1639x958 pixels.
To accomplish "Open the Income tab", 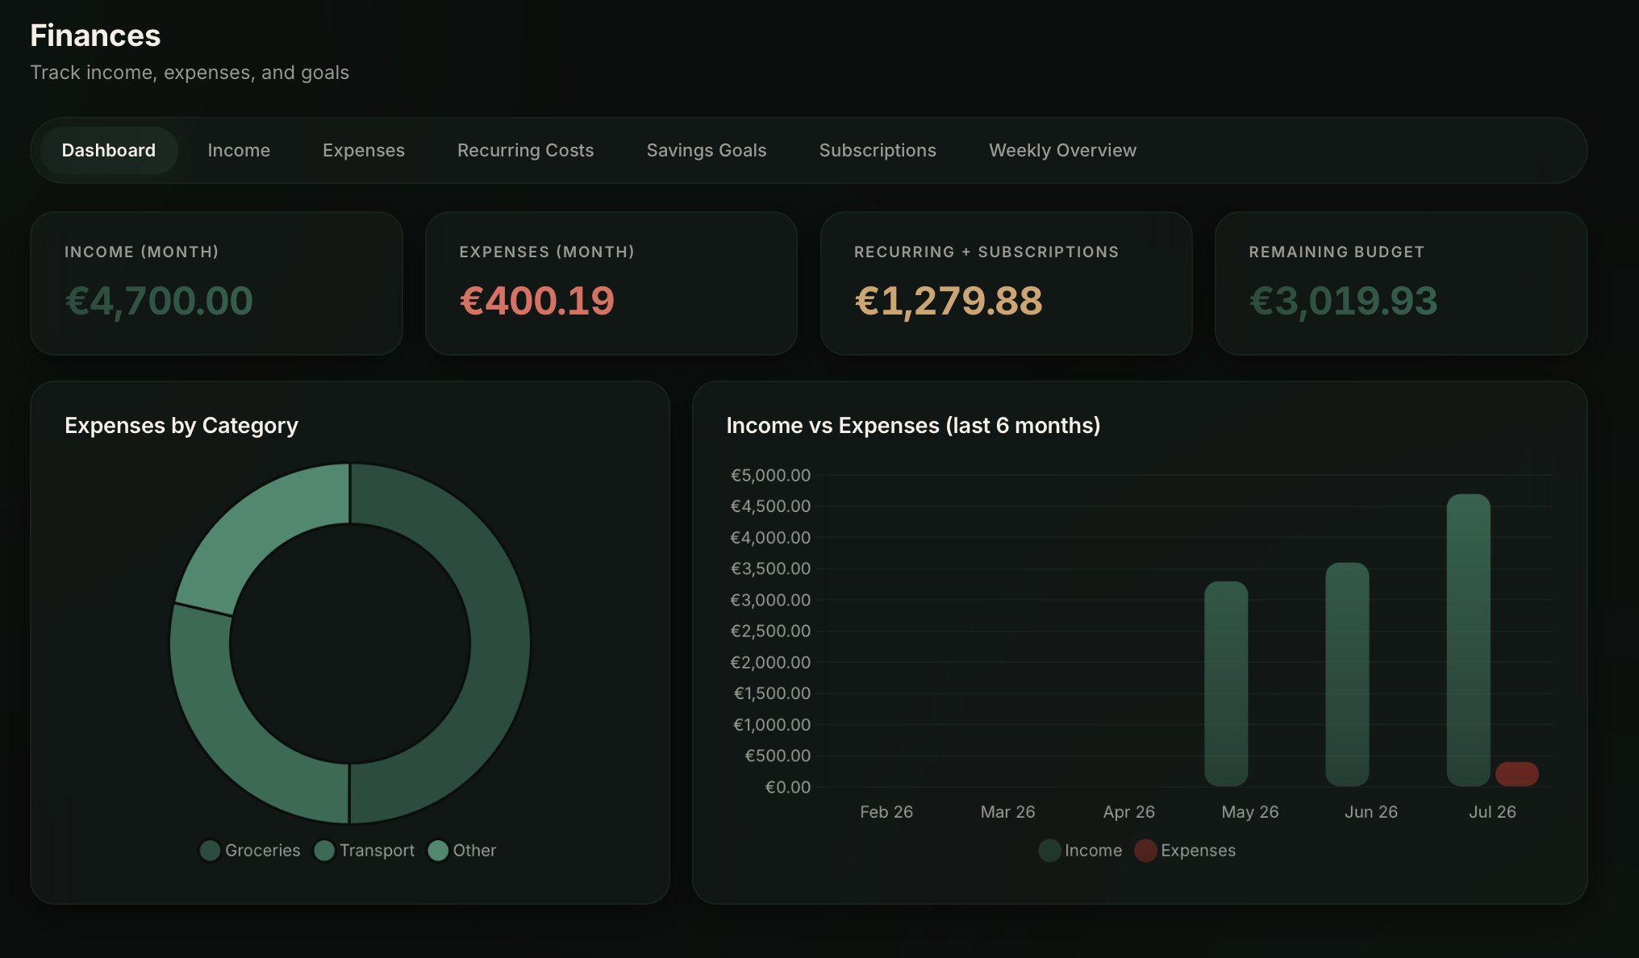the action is pos(239,151).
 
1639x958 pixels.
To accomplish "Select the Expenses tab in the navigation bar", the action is pos(364,151).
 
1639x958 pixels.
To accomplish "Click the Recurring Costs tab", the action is pos(525,151).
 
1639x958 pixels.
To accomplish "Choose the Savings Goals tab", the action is pos(707,151).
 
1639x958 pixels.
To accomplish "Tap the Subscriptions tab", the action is pos(878,151).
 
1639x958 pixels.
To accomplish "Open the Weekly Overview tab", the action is pos(1062,151).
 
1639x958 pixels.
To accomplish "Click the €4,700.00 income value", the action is pos(159,302).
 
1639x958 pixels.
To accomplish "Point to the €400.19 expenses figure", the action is pos(537,302).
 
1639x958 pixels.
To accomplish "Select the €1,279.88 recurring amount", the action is pos(949,302).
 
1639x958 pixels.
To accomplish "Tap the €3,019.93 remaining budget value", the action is pos(1344,302).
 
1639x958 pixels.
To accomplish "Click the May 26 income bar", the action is pos(1226,684).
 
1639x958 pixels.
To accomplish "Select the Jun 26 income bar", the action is pos(1347,674).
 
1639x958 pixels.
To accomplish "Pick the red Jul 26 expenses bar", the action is pos(1516,774).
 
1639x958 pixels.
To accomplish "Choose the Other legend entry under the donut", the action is pos(462,851).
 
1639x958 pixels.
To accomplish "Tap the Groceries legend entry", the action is pos(250,851).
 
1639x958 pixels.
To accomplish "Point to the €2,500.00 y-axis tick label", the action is pos(770,631).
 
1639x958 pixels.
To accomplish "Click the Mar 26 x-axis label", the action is pos(1007,812).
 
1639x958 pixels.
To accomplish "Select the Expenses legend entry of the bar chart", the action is pos(1185,851).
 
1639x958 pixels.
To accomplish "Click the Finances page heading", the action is pos(95,35).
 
